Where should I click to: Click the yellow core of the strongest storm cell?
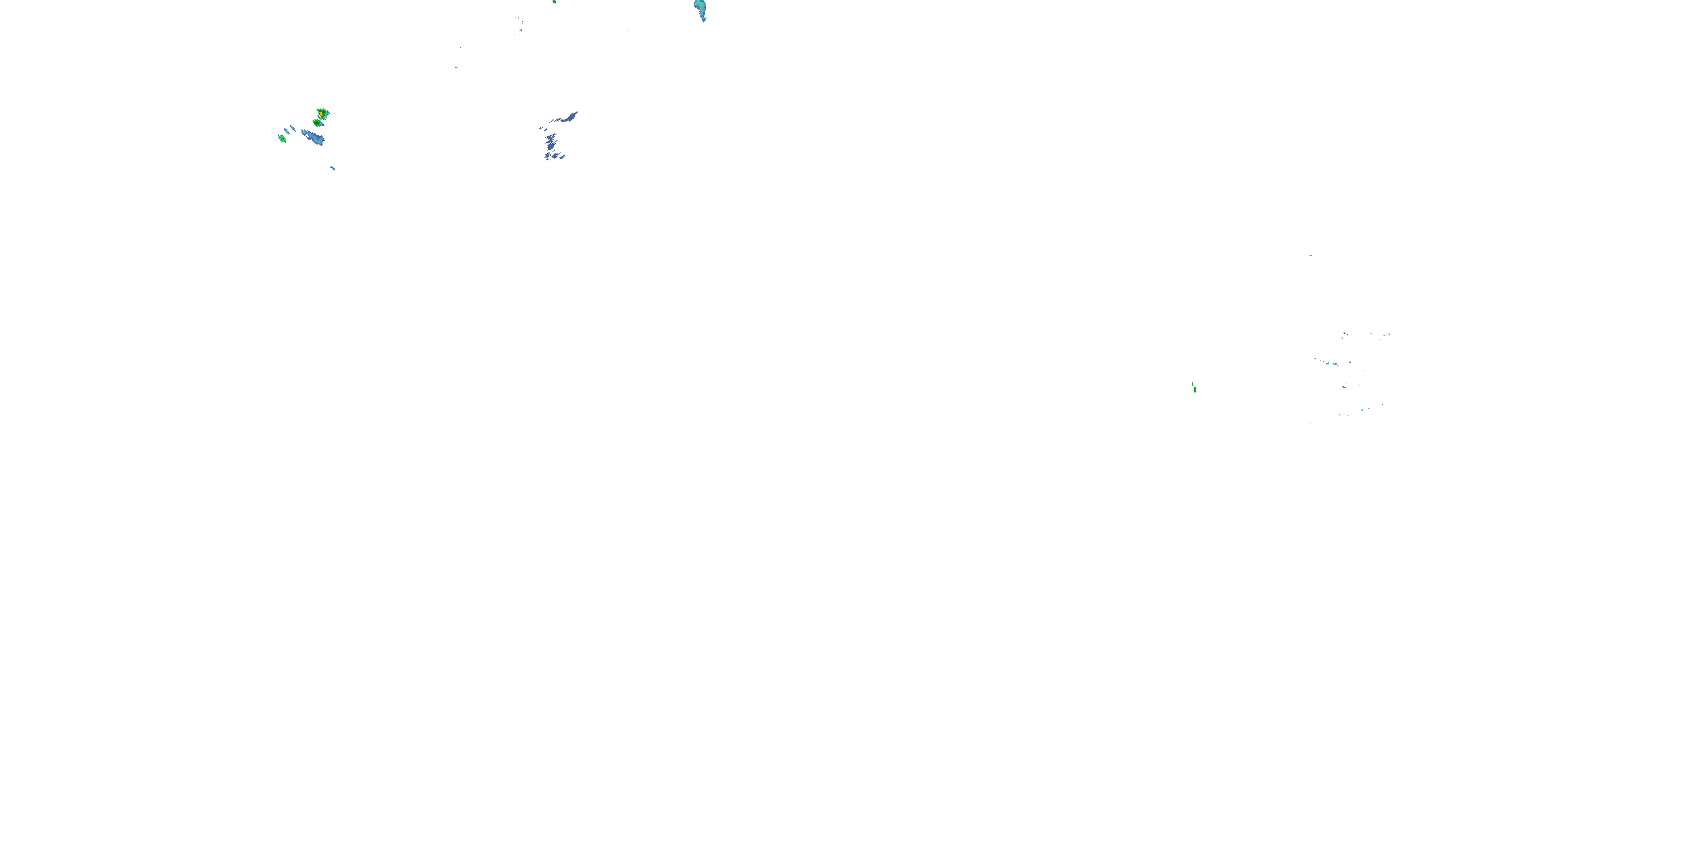pos(322,114)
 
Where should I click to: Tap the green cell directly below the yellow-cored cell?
pos(317,122)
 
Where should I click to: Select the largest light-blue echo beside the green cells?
pos(314,137)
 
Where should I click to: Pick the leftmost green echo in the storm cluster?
pos(282,138)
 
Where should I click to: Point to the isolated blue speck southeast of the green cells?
pos(333,168)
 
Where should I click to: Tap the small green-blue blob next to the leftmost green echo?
pos(286,131)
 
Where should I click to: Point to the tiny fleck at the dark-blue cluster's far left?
pos(540,128)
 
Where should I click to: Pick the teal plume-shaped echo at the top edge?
pos(700,8)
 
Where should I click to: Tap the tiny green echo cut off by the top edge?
pos(554,1)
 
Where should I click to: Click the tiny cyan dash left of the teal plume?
pos(629,29)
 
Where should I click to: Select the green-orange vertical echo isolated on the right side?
pos(1194,388)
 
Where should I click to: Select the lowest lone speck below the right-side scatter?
pos(1311,422)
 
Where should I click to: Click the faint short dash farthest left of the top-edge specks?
pos(456,67)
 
